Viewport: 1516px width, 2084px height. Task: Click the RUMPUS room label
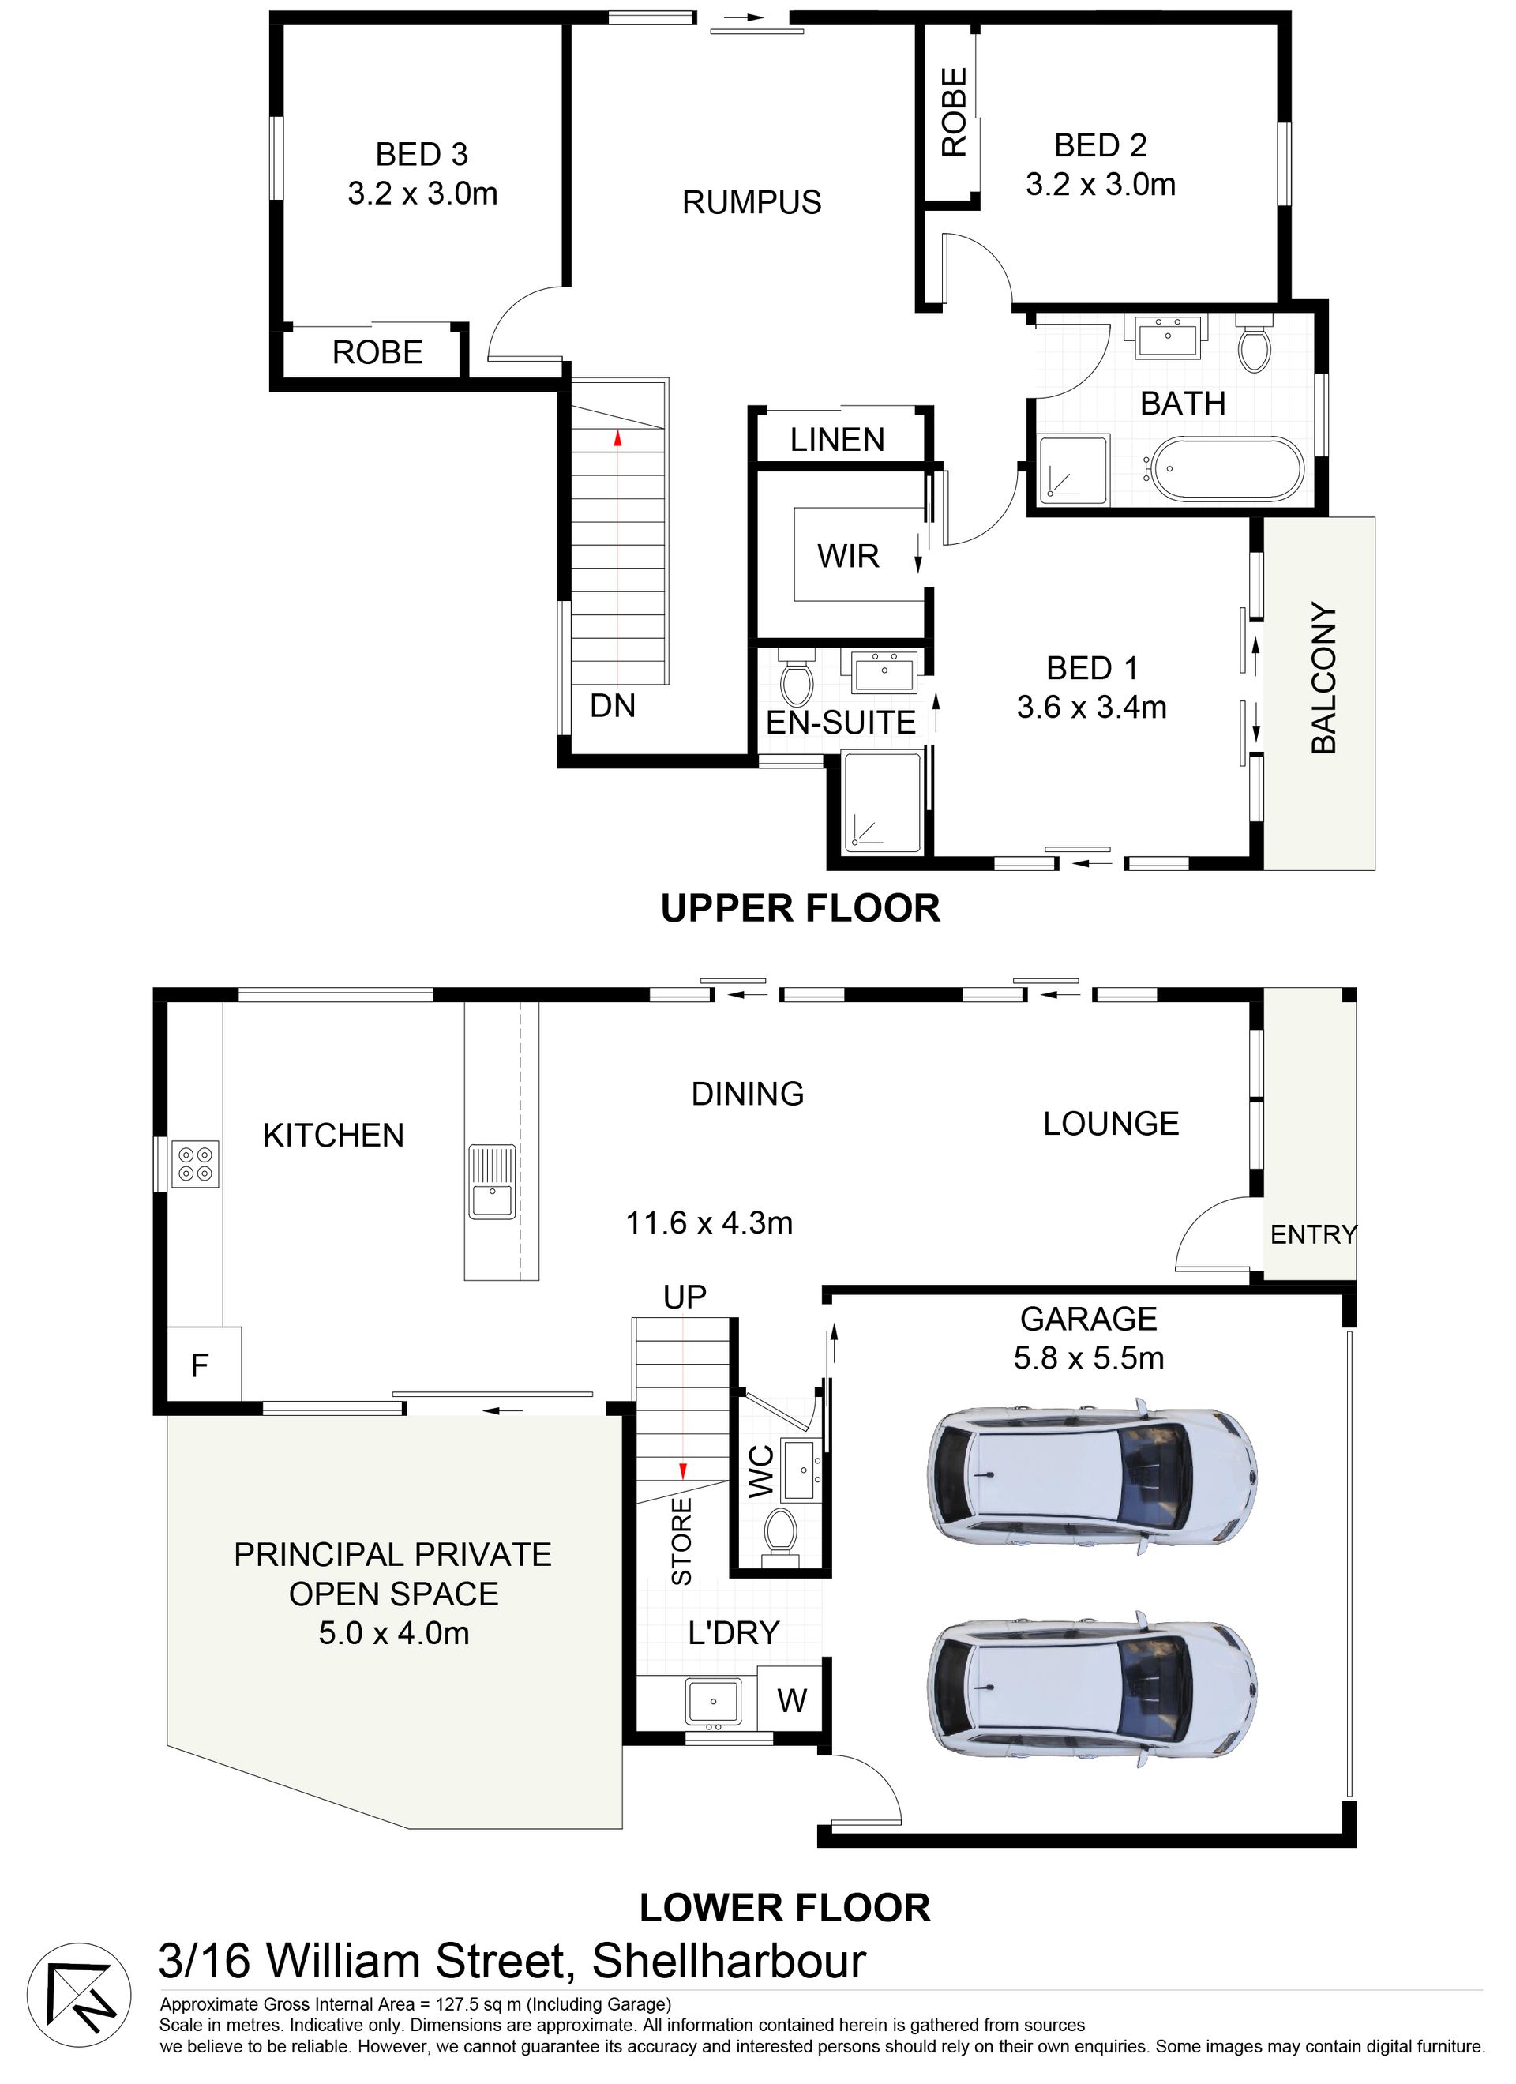pos(752,202)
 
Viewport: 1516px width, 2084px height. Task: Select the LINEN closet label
pos(837,439)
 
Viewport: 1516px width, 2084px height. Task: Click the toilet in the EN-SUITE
pos(796,678)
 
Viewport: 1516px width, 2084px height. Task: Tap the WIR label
pos(848,556)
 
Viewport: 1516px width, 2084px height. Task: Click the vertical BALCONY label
pos(1323,678)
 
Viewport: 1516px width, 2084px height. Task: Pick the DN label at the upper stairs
pos(613,706)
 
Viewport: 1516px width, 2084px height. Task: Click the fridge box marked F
pos(204,1365)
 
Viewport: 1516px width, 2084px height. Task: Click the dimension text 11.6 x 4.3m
pos(709,1223)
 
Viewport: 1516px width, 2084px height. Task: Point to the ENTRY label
pos(1313,1234)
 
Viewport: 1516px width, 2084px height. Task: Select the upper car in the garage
pos(1091,1478)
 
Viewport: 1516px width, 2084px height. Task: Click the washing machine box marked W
pos(792,1701)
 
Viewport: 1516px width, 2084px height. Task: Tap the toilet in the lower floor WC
pos(782,1533)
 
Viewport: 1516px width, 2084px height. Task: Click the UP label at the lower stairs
pos(685,1297)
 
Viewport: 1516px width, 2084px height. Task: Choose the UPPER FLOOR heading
pos(801,908)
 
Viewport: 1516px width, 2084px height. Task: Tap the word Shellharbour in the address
pos(729,1961)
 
